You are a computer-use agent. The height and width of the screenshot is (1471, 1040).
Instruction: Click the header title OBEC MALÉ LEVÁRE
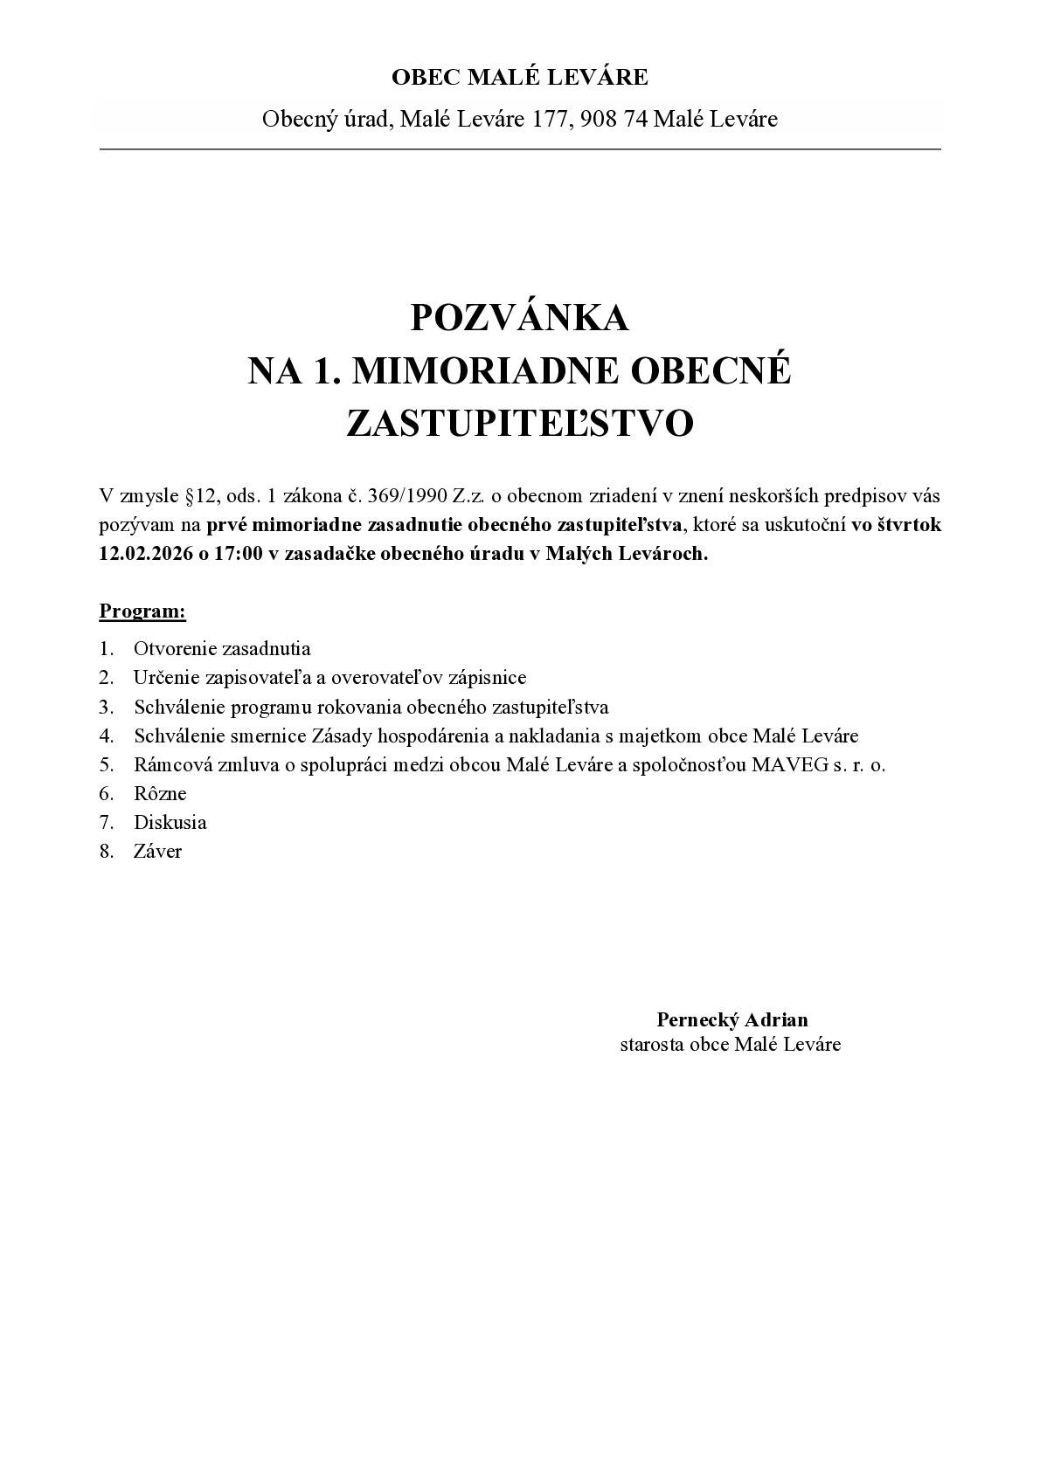pos(519,78)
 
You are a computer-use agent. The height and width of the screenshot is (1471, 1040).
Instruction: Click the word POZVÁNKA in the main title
pos(519,318)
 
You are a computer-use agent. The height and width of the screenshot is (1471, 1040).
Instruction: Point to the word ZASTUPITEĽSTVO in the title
pos(519,424)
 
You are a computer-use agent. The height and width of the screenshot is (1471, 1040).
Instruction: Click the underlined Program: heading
pos(142,611)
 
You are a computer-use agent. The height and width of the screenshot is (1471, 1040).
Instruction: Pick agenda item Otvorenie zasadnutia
pos(222,648)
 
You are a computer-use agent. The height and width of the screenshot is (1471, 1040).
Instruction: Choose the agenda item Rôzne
pos(160,793)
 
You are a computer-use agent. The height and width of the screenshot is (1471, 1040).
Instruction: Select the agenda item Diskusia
pos(170,822)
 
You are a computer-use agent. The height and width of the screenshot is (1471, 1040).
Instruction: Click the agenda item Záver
pos(157,851)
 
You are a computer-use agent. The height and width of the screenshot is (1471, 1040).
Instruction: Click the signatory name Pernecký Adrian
pos(731,1019)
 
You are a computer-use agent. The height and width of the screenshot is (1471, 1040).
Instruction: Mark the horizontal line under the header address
pos(519,149)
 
